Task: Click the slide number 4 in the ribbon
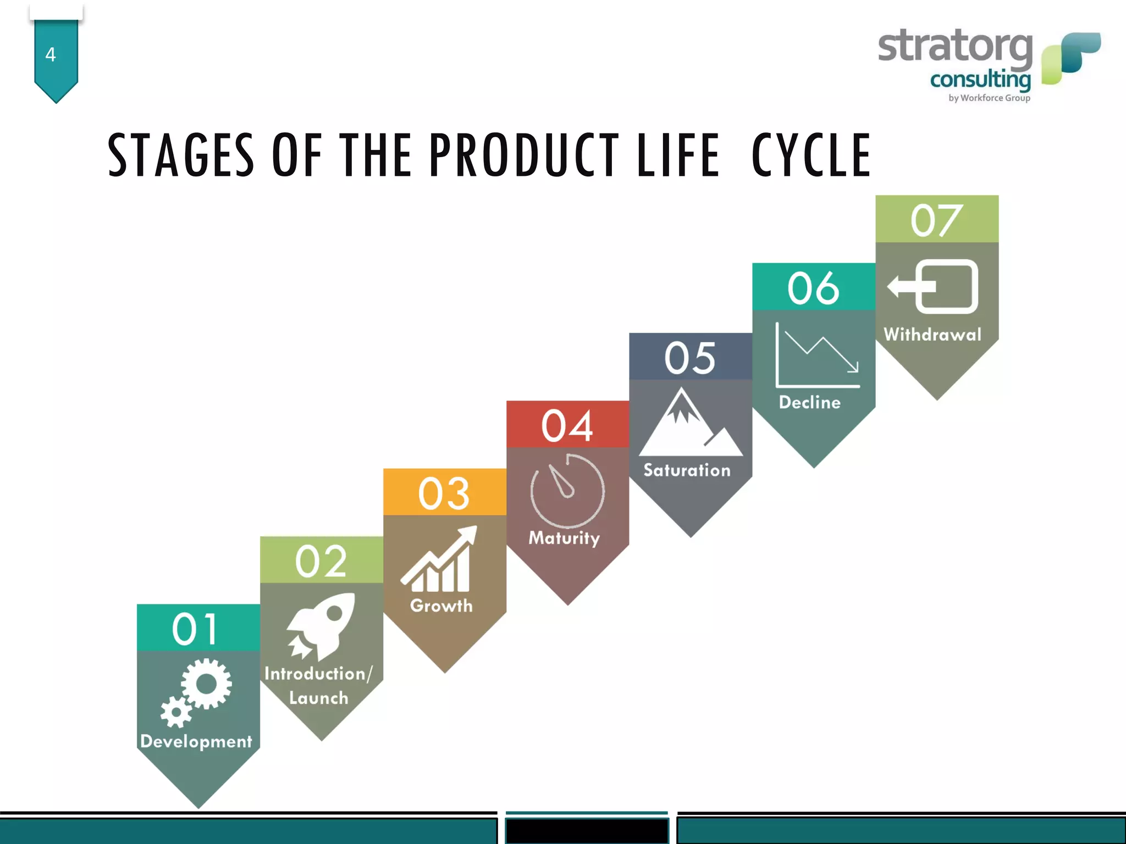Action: [x=51, y=54]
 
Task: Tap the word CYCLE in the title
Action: [x=811, y=156]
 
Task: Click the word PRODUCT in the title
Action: [x=523, y=156]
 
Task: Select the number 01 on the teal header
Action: [x=195, y=629]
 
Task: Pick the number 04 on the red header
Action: [x=567, y=426]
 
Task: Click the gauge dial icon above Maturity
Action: [x=567, y=491]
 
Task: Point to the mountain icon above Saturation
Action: [x=689, y=425]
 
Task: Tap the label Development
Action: [x=196, y=741]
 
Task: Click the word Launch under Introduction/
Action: [x=319, y=698]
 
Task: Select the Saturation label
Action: [x=687, y=470]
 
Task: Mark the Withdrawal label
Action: [x=932, y=335]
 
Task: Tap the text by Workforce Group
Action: [x=989, y=98]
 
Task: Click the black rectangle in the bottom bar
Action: [x=587, y=830]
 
